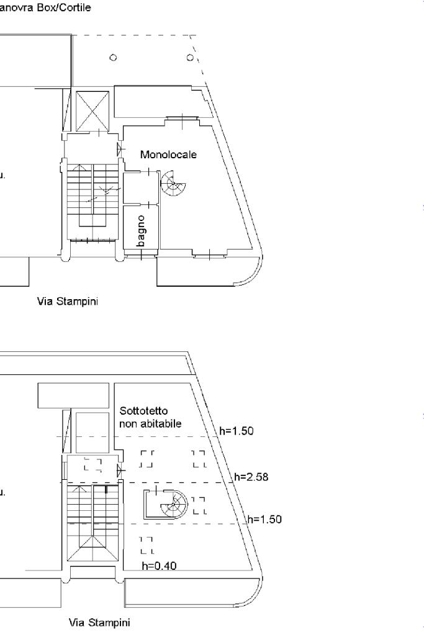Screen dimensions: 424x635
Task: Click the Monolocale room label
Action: point(168,155)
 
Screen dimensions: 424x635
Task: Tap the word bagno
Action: point(142,231)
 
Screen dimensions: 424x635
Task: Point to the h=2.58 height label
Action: point(251,477)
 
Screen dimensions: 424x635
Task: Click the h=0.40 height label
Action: point(160,565)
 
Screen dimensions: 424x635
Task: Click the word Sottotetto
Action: point(144,411)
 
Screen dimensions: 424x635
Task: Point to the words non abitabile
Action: point(150,424)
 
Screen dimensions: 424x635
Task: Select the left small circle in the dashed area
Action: point(112,58)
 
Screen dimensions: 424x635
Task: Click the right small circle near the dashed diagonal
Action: point(190,58)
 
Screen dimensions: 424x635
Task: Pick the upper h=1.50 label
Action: point(237,431)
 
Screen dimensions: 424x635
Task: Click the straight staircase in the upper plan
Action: point(92,199)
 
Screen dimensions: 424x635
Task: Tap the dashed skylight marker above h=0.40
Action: point(147,544)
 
